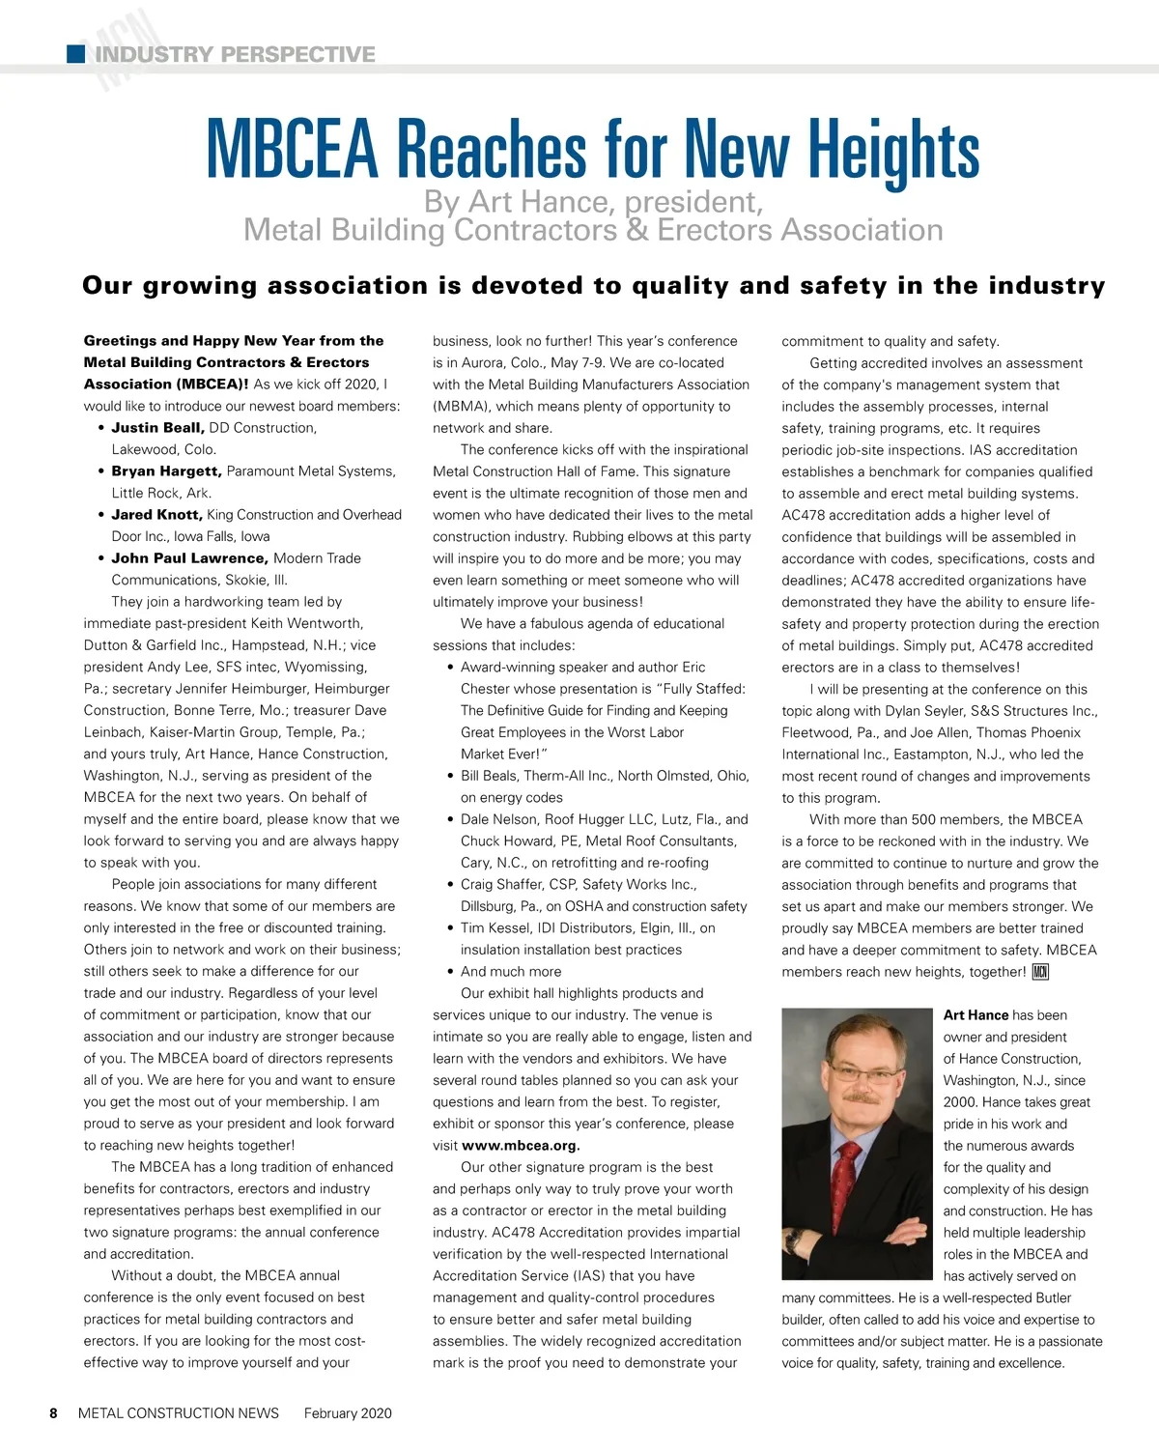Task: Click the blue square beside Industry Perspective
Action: [x=75, y=54]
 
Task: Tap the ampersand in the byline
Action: [x=636, y=231]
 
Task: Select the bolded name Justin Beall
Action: [x=157, y=428]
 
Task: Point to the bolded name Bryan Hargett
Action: [x=166, y=471]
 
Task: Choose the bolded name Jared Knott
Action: [x=156, y=515]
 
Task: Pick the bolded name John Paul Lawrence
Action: [x=189, y=558]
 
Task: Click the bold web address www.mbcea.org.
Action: [x=521, y=1146]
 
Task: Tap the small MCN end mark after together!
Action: [x=1040, y=972]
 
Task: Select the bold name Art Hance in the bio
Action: [x=975, y=1015]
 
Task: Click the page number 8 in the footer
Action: [x=54, y=1413]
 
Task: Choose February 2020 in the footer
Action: [x=348, y=1413]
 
